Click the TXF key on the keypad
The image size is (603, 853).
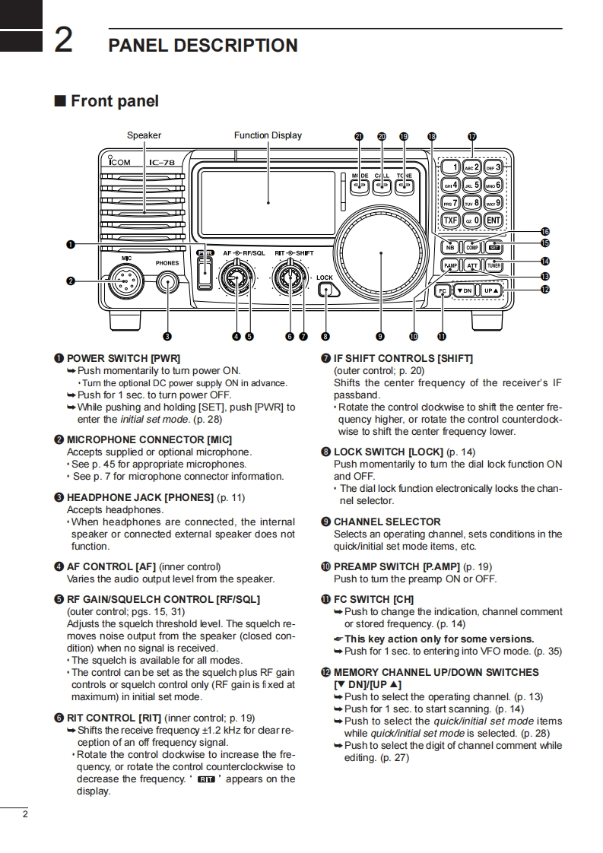tap(450, 221)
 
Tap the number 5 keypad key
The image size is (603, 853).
tap(471, 185)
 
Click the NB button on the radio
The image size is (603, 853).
tap(450, 247)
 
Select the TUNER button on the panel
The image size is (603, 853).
tap(494, 265)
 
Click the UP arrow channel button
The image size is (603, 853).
tap(492, 290)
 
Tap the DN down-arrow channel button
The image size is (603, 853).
tap(464, 290)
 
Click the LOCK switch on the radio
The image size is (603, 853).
tap(326, 290)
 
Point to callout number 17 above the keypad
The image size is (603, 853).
tap(471, 137)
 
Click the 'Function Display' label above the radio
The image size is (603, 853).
tap(268, 135)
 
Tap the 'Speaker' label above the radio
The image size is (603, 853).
tap(144, 135)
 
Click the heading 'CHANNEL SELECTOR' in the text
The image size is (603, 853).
tap(387, 522)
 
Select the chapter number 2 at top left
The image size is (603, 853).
tap(63, 40)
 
